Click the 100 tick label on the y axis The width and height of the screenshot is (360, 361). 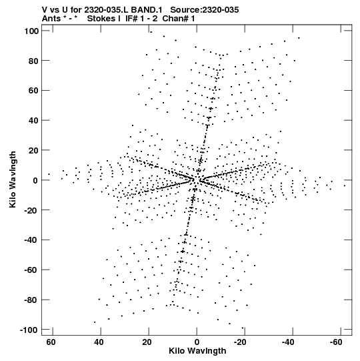[x=31, y=31]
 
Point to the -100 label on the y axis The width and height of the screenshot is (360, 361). [x=29, y=330]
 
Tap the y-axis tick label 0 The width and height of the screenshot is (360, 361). [x=35, y=180]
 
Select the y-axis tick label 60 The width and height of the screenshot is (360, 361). [x=33, y=91]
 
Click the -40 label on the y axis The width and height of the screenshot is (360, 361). [x=31, y=240]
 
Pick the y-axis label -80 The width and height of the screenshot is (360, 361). [x=31, y=300]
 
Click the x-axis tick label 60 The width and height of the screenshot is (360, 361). [x=51, y=342]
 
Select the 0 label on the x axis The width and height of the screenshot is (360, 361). [x=197, y=342]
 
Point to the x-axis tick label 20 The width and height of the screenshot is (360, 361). [x=147, y=342]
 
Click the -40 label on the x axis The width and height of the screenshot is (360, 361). [x=288, y=342]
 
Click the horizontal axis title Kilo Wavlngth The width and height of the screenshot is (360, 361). [x=197, y=351]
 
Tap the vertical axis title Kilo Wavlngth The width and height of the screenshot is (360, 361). [x=13, y=179]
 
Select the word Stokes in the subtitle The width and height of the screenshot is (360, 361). [x=101, y=19]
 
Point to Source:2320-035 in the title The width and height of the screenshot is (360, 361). [x=205, y=10]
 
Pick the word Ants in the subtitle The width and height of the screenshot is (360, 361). [x=51, y=19]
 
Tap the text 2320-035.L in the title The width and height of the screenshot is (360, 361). [x=107, y=10]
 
